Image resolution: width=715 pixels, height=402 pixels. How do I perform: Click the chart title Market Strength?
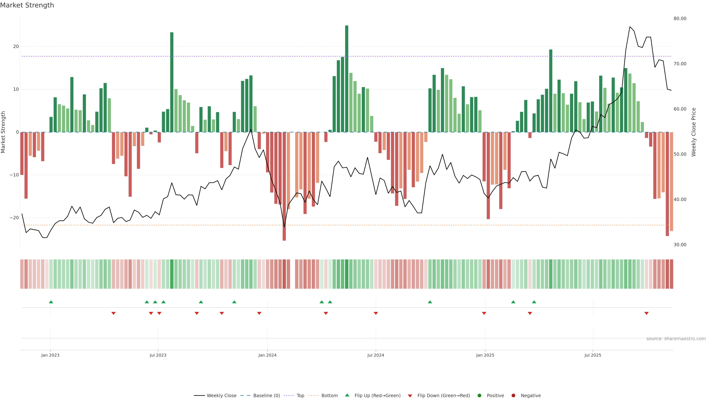[x=27, y=5]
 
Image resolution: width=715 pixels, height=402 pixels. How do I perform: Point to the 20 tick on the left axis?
[x=16, y=47]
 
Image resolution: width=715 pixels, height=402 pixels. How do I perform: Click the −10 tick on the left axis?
[x=14, y=175]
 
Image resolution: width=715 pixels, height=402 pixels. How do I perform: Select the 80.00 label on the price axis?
[x=680, y=19]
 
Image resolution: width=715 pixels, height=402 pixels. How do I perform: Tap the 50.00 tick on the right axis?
[x=680, y=154]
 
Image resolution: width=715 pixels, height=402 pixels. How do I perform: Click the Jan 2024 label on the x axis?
[x=267, y=355]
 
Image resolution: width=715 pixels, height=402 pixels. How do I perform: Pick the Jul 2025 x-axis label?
[x=593, y=355]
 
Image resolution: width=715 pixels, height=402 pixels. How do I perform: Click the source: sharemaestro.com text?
[x=676, y=339]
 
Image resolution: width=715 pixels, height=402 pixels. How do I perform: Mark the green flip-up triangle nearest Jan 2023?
[x=51, y=302]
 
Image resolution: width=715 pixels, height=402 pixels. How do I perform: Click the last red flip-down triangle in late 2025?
[x=646, y=313]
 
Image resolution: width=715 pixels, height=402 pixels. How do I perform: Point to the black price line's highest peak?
[x=630, y=27]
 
